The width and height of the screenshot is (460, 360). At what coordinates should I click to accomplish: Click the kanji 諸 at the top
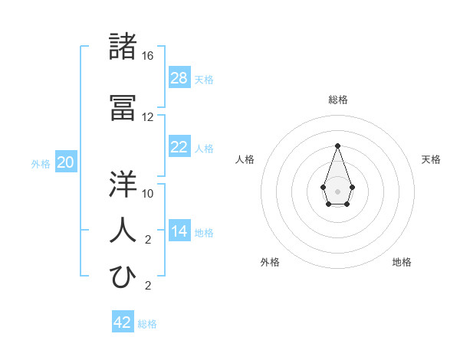[123, 47]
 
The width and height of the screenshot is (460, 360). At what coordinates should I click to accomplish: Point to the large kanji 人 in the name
[123, 231]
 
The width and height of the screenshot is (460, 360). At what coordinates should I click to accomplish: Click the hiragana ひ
[123, 277]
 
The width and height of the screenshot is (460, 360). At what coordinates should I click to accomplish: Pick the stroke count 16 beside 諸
[148, 56]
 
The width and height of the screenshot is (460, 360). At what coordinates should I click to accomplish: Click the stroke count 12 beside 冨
[148, 117]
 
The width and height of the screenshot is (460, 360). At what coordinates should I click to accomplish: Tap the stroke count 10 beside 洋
[148, 194]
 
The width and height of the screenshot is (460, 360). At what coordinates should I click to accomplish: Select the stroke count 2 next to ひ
[148, 286]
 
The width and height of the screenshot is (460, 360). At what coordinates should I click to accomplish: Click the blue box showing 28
[179, 77]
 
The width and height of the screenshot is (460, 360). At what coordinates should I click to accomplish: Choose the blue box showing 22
[179, 147]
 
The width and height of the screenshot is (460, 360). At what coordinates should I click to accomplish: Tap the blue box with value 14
[179, 231]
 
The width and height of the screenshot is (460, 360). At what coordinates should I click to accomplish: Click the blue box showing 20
[65, 162]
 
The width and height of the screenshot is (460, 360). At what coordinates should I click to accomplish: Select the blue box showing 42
[123, 322]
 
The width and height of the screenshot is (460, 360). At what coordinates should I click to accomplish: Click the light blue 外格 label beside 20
[40, 163]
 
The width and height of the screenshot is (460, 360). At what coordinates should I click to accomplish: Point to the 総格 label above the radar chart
[337, 100]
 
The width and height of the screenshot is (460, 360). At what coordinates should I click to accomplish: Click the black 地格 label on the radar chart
[402, 262]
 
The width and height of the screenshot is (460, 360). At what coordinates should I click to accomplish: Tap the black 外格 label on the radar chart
[270, 262]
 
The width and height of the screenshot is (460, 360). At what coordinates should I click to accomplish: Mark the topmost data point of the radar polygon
[337, 146]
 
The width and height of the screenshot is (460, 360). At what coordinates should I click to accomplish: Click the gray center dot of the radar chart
[337, 191]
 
